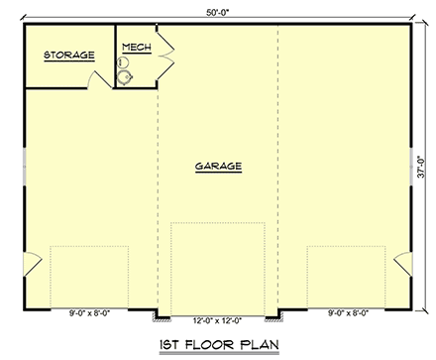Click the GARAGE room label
coord(218,166)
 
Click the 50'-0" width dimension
coord(217,8)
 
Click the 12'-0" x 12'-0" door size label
coord(218,319)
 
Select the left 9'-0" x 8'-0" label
coord(90,313)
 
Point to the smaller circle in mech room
coord(123,64)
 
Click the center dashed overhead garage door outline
coord(218,268)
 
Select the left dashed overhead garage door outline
coord(90,277)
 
